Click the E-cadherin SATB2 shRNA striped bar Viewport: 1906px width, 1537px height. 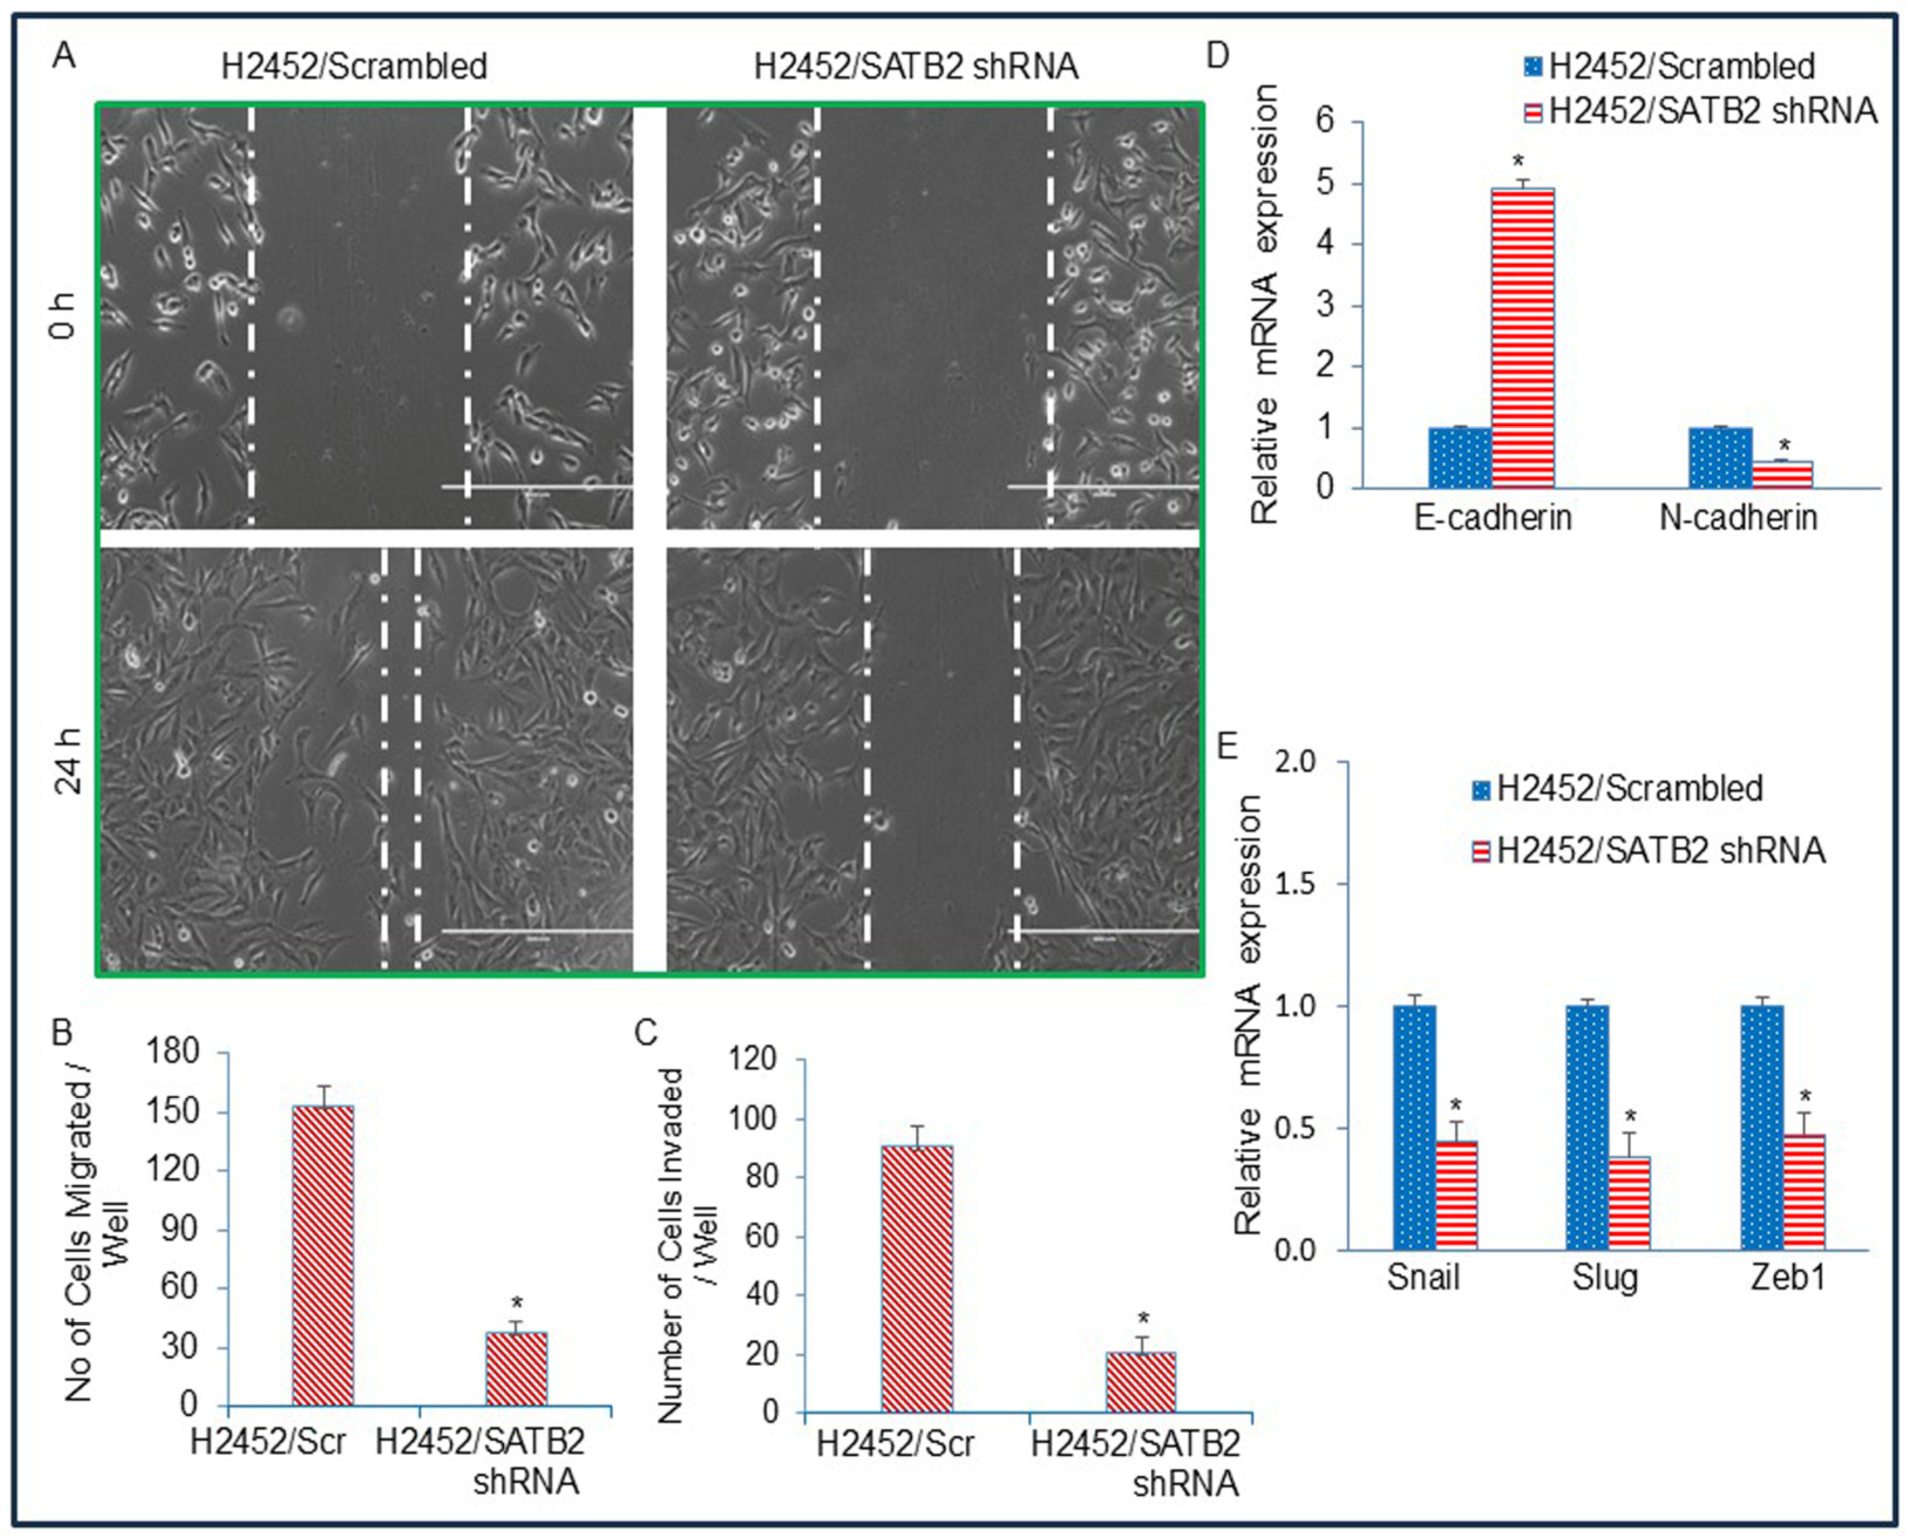[1523, 337]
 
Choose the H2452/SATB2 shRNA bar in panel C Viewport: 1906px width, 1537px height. [1141, 1381]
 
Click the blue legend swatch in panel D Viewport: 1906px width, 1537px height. [1533, 66]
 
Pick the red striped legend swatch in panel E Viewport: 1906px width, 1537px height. [1480, 852]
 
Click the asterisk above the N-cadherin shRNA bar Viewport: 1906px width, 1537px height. [1784, 446]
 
